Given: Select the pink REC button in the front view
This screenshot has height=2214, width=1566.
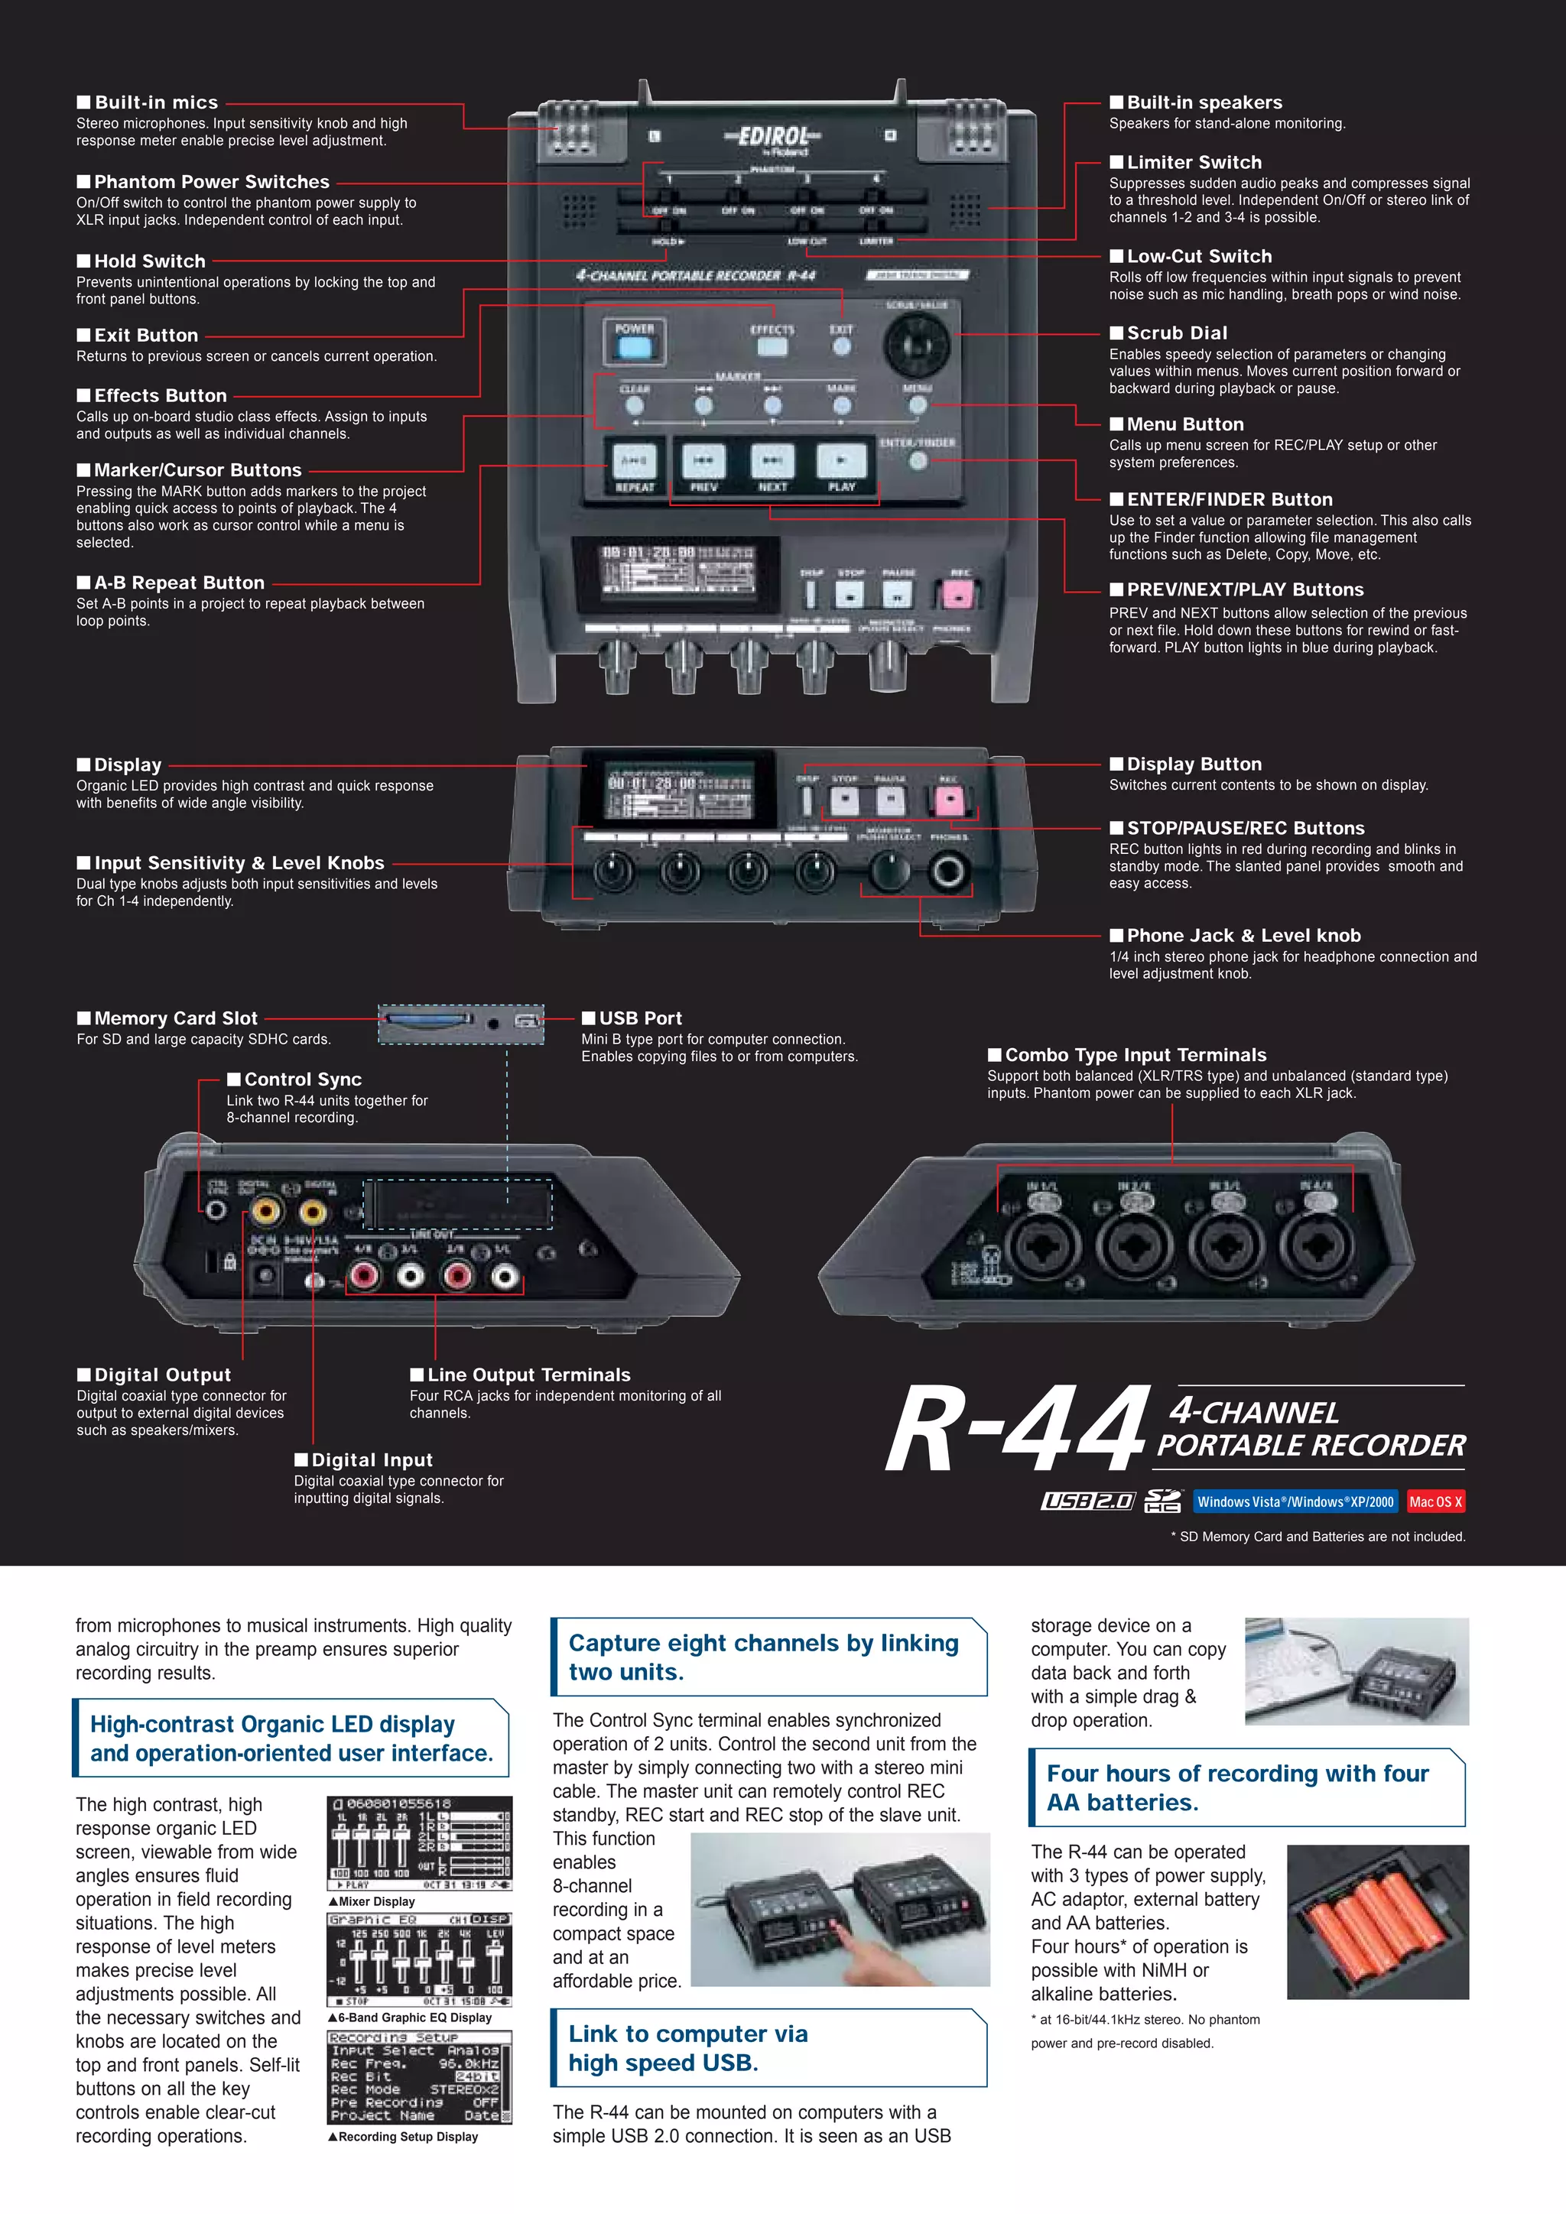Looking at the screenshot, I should tap(949, 800).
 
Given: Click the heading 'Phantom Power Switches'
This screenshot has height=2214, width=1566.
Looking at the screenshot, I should tap(211, 181).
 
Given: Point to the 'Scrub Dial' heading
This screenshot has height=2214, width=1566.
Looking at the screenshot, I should tap(1177, 333).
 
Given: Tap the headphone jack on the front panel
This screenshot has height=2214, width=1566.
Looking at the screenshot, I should tap(948, 871).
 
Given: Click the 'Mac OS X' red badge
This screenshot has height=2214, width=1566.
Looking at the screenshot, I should tap(1434, 1501).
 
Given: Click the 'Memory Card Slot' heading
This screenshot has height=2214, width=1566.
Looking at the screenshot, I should tap(176, 1018).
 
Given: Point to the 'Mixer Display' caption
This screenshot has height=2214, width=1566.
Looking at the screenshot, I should tap(376, 1901).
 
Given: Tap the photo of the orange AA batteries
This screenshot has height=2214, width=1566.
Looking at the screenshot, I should tap(1377, 1922).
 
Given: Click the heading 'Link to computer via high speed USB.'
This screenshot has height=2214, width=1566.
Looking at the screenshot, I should tap(687, 2048).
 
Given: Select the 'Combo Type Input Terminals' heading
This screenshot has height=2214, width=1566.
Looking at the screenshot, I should tap(1135, 1055).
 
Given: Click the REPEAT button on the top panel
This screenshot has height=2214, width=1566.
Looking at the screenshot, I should tap(634, 462).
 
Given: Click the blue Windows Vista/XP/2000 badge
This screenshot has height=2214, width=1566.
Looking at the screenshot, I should tap(1295, 1501).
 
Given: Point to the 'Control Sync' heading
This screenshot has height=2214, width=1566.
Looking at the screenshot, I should tap(303, 1079).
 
